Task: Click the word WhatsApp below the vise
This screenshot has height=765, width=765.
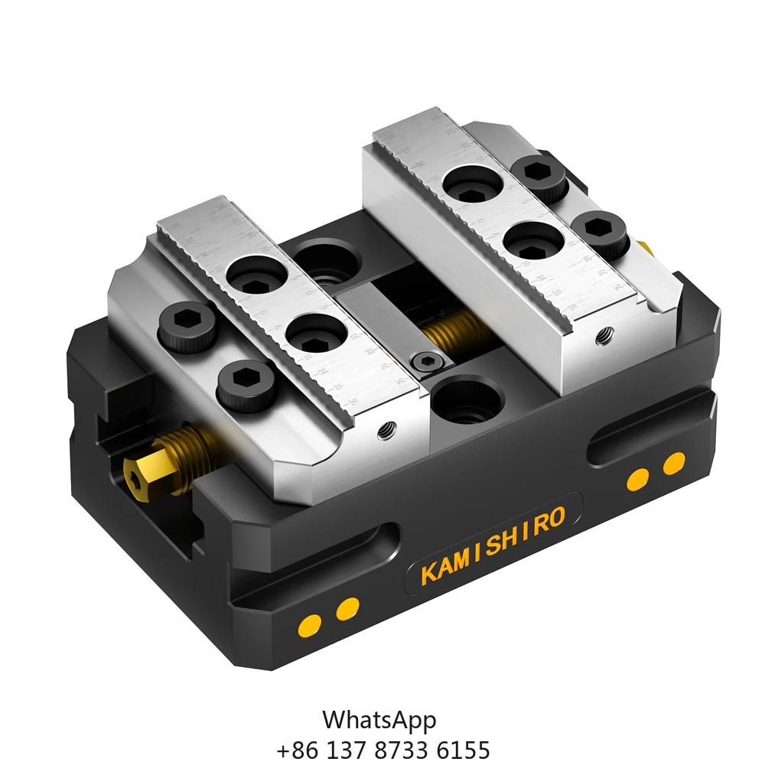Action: pyautogui.click(x=379, y=720)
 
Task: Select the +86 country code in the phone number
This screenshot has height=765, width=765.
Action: pyautogui.click(x=291, y=749)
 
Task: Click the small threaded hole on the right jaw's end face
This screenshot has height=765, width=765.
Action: pyautogui.click(x=606, y=334)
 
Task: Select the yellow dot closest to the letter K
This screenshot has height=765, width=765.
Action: pyautogui.click(x=348, y=608)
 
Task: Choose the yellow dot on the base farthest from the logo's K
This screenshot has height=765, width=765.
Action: pyautogui.click(x=674, y=463)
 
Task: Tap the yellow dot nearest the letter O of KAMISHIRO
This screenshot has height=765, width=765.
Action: pyautogui.click(x=636, y=480)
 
